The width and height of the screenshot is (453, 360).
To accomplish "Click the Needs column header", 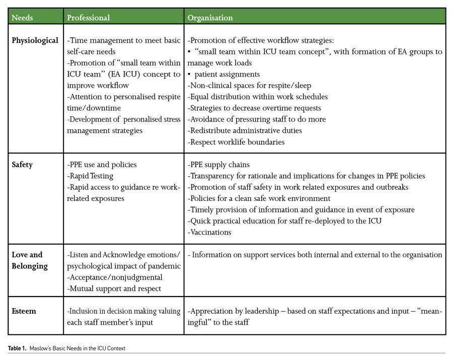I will (22, 18).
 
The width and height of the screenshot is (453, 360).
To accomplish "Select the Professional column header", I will (88, 18).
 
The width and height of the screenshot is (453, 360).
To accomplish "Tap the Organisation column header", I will (210, 18).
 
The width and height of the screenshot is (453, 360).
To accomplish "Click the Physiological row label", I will (35, 41).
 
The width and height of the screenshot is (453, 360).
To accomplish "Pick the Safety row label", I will (22, 165).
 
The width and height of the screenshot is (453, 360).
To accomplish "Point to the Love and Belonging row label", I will (27, 260).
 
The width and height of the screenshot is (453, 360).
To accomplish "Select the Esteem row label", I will (24, 311).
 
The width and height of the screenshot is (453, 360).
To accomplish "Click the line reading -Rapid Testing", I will (90, 176).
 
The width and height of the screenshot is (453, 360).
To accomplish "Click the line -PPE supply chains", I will (218, 165).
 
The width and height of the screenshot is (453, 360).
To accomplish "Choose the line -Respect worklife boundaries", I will (236, 142).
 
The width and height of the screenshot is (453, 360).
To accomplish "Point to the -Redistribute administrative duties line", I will (245, 130).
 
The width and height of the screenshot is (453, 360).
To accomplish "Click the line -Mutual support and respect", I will (114, 289).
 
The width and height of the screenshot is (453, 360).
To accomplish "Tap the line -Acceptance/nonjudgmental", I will (115, 277).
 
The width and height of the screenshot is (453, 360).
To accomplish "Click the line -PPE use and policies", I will (102, 165).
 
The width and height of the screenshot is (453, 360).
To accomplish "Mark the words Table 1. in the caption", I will (17, 348).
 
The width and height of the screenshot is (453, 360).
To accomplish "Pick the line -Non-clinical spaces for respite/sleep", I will (250, 86).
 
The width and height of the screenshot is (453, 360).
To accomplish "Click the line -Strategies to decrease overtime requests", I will (254, 108).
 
